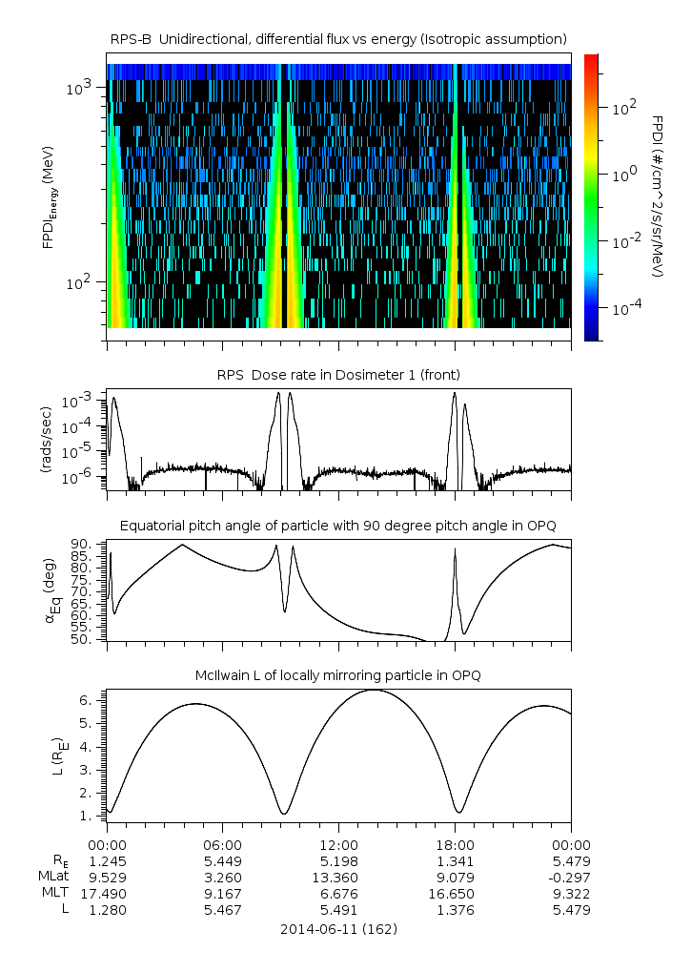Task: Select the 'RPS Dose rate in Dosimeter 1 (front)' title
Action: click(338, 375)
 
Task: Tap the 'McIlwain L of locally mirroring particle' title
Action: click(338, 675)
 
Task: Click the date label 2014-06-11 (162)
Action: click(338, 928)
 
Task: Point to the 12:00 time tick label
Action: click(338, 844)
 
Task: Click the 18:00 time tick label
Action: click(455, 844)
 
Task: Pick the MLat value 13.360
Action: click(338, 877)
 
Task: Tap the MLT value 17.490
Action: click(107, 893)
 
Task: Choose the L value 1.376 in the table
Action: click(455, 909)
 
